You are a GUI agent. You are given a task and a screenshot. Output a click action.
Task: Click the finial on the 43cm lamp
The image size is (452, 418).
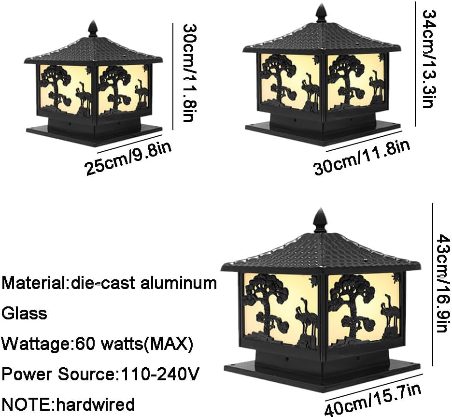pyautogui.click(x=320, y=221)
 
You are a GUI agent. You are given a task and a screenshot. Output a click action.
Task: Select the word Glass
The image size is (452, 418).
pyautogui.click(x=24, y=313)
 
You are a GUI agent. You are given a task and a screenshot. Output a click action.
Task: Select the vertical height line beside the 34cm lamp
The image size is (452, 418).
pyautogui.click(x=416, y=63)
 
